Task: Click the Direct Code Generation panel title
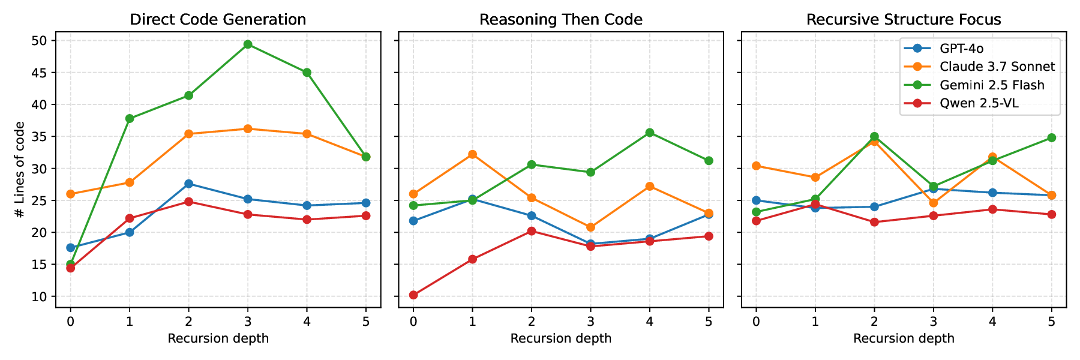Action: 218,19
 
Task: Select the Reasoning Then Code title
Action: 561,19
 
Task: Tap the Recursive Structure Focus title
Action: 904,19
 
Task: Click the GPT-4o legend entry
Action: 961,49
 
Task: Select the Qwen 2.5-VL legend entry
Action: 979,103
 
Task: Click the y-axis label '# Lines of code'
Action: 20,169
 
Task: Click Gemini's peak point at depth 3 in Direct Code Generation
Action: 248,44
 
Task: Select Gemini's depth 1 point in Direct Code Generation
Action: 130,119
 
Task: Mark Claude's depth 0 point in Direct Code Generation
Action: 70,194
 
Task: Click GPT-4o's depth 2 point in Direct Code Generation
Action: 188,184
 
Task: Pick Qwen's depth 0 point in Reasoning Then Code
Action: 413,295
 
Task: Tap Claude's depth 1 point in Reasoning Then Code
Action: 472,154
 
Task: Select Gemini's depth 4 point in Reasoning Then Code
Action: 650,133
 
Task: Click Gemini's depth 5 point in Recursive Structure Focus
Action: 1051,138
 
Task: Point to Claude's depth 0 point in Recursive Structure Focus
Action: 756,166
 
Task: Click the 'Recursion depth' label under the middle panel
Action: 561,338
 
